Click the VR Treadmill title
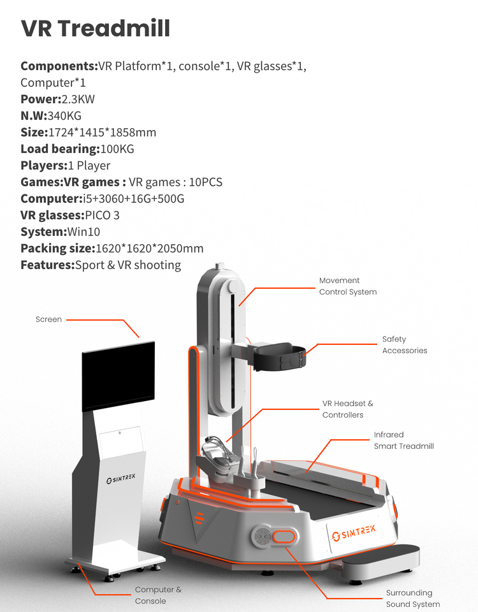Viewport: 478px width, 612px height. (96, 29)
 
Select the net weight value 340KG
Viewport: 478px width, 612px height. (64, 115)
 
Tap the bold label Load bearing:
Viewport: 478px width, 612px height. (60, 149)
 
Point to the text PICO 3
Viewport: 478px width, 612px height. (102, 215)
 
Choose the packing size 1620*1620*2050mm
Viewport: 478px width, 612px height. (149, 248)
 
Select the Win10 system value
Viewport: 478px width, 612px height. (83, 231)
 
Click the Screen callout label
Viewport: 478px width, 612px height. (48, 319)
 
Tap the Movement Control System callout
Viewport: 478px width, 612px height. (347, 286)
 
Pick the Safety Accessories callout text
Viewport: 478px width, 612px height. (404, 345)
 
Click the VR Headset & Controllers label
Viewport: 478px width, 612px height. (347, 409)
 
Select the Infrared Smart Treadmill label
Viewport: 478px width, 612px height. (403, 441)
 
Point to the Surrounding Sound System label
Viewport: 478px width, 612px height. (412, 599)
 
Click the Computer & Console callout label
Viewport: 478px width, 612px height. (158, 595)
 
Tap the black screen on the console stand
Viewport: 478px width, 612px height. (118, 376)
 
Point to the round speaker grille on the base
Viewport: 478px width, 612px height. (262, 537)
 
